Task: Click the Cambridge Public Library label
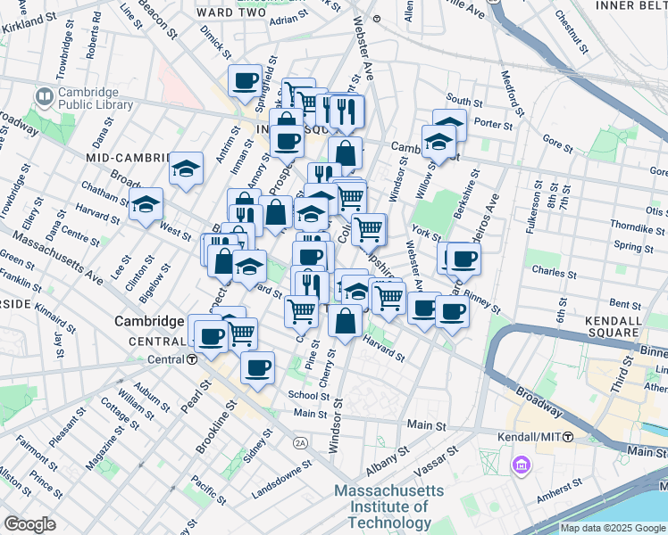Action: (x=95, y=98)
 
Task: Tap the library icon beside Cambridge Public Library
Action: (x=44, y=95)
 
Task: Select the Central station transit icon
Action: (x=192, y=359)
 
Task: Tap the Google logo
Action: (x=29, y=524)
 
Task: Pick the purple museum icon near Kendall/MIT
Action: (x=521, y=464)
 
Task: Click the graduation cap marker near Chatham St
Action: (x=146, y=204)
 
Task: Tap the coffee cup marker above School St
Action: (x=258, y=368)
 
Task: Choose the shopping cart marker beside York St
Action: (x=368, y=229)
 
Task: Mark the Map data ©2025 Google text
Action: (x=613, y=528)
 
